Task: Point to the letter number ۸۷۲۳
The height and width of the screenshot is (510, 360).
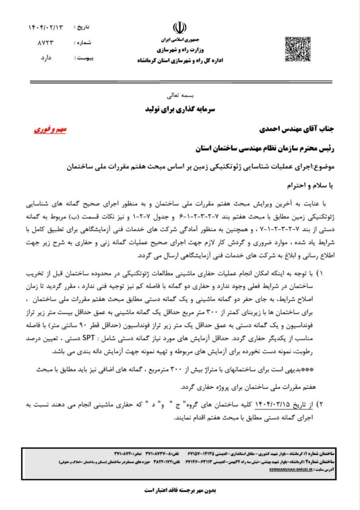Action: (46, 42)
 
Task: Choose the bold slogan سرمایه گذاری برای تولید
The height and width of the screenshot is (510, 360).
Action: (180, 109)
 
